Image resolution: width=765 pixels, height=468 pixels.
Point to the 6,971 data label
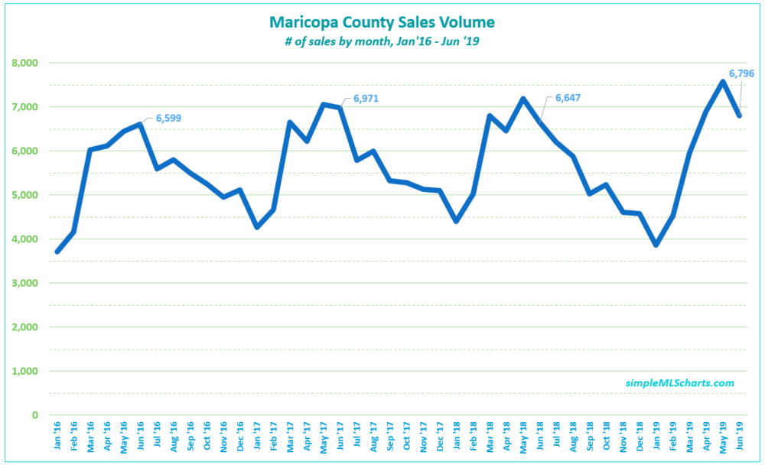pyautogui.click(x=366, y=99)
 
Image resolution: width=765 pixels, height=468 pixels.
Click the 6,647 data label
pyautogui.click(x=568, y=98)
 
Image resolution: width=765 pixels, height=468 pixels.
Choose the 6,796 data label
pyautogui.click(x=741, y=74)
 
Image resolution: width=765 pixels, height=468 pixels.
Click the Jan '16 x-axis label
pyautogui.click(x=57, y=436)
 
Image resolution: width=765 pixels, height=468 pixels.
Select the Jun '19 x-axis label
pyautogui.click(x=740, y=436)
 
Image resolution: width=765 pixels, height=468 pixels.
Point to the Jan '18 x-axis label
pyautogui.click(x=457, y=436)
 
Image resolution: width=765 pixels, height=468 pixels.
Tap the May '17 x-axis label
pyautogui.click(x=324, y=436)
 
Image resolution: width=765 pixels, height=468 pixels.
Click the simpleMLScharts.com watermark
pyautogui.click(x=680, y=383)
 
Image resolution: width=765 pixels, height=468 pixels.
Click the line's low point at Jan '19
pyautogui.click(x=656, y=245)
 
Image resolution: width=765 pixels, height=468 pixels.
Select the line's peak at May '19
pyautogui.click(x=723, y=82)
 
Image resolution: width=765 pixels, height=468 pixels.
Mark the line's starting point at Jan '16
pyautogui.click(x=57, y=252)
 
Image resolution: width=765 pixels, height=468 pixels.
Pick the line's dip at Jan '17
pyautogui.click(x=257, y=227)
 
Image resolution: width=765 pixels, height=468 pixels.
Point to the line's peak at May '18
pyautogui.click(x=523, y=99)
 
